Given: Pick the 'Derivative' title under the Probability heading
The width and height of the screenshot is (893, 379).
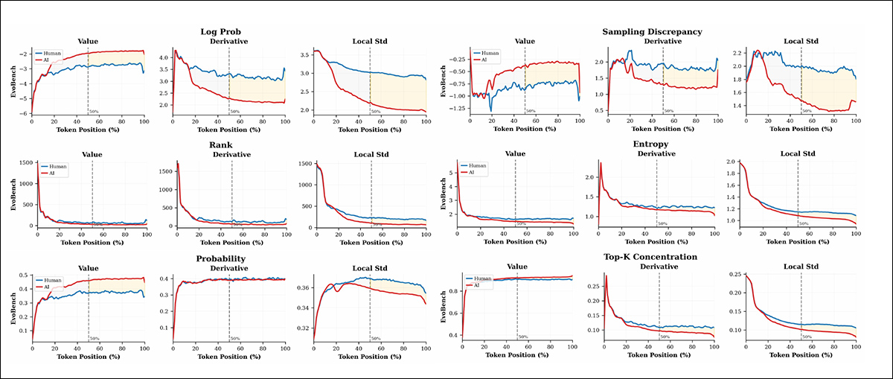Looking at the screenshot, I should click(228, 267).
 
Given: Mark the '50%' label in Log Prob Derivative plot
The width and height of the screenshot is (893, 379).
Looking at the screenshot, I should click(235, 111).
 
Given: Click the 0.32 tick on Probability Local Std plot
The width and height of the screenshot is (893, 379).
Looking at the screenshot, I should click(304, 328).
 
